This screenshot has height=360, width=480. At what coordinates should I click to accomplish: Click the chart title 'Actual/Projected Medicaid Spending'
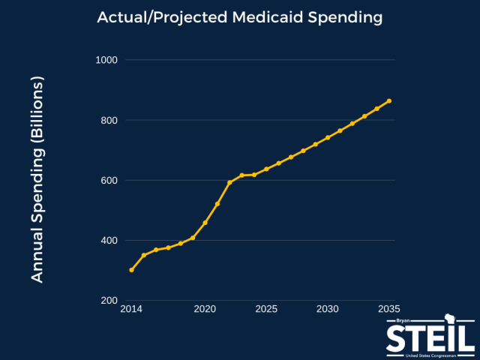coord(240,16)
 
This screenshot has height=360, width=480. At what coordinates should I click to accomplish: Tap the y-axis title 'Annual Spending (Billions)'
coord(37,179)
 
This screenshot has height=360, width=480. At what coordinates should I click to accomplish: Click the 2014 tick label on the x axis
coord(131,309)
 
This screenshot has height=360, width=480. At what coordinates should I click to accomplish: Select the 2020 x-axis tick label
coord(205,309)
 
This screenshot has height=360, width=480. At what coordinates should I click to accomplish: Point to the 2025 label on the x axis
coord(266,309)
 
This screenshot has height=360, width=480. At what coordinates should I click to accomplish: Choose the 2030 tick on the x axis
coord(328,309)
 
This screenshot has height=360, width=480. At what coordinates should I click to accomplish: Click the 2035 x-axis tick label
coord(389,309)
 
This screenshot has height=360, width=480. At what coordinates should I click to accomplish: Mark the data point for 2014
coord(131,270)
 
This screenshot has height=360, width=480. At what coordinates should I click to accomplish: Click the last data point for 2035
coord(389,100)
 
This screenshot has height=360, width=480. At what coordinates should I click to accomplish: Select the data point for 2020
coord(205,223)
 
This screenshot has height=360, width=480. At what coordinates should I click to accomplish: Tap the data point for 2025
coord(266,169)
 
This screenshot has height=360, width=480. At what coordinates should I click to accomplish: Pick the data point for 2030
coord(328,137)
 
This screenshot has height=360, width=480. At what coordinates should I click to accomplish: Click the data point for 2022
coord(229,182)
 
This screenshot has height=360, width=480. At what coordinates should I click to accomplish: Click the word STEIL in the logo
coord(430,337)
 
